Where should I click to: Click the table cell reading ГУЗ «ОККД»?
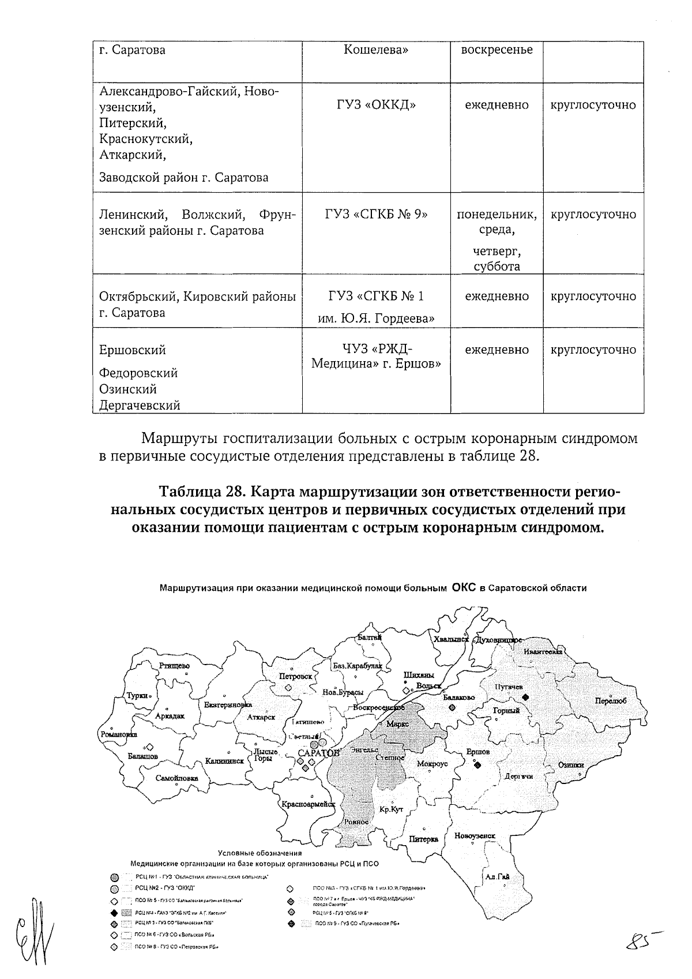[376, 105]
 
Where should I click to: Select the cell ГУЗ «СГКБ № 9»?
[376, 215]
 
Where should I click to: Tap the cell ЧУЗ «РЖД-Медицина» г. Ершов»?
[376, 357]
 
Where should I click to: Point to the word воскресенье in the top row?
[497, 50]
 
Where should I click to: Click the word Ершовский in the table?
[133, 350]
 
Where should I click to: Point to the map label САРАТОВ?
[319, 753]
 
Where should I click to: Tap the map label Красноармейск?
[309, 804]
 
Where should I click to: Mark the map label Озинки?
[571, 765]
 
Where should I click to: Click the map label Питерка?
[424, 839]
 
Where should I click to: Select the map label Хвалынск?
[452, 639]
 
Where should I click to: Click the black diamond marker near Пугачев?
[525, 697]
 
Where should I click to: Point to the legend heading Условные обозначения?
[259, 853]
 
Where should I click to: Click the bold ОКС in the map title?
[464, 588]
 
